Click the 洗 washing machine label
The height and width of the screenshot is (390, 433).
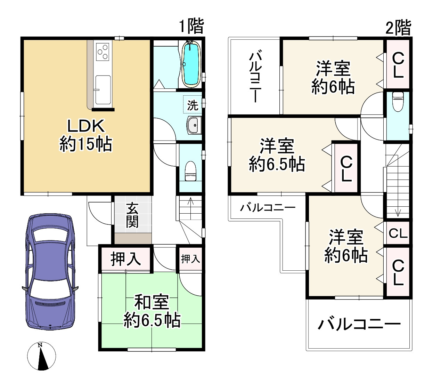click(193, 105)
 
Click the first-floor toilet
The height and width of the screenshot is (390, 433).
click(190, 171)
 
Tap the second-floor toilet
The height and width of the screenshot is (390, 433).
click(397, 101)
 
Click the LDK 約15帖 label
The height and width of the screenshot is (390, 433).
click(86, 135)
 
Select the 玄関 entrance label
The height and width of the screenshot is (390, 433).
click(132, 215)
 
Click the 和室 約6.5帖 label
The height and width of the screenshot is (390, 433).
click(152, 311)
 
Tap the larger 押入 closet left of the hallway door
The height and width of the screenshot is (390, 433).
click(125, 259)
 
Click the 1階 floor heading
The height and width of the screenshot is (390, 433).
click(191, 26)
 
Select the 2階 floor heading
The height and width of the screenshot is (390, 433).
click(398, 27)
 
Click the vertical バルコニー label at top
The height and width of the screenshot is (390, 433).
click(255, 77)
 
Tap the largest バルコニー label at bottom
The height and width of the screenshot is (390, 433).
click(359, 324)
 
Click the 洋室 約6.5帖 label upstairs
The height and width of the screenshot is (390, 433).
click(277, 155)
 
